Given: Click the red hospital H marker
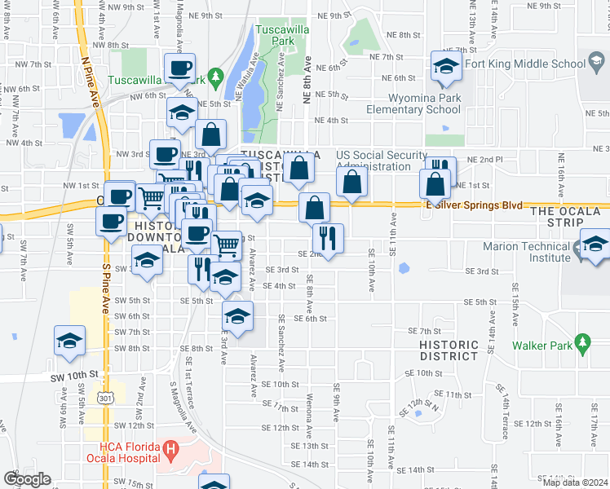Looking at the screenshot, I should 170,447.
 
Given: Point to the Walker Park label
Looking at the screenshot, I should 542,344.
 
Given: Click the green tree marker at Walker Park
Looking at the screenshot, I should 582,344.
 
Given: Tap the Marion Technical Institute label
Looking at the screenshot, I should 538,252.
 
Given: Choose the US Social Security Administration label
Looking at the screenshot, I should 382,161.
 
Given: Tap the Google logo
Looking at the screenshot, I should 27,478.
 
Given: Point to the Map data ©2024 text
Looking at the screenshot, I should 575,482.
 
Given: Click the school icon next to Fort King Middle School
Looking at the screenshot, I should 446,67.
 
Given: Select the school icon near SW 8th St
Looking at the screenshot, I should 69,340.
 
